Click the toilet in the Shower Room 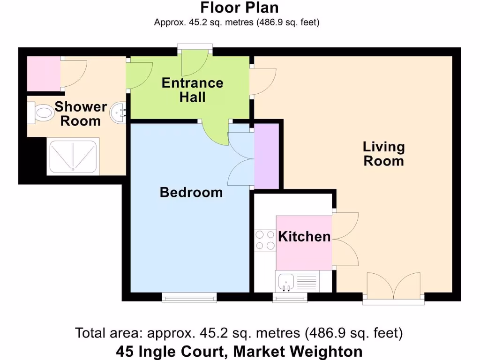42,112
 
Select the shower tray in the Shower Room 73,156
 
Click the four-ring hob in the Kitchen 265,240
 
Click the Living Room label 383,154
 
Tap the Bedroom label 191,192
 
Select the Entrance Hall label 192,90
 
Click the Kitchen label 304,237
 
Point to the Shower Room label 81,113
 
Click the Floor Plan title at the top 240,8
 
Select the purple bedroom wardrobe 266,155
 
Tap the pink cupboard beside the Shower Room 44,74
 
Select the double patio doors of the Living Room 393,287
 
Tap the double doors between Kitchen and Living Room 346,239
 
